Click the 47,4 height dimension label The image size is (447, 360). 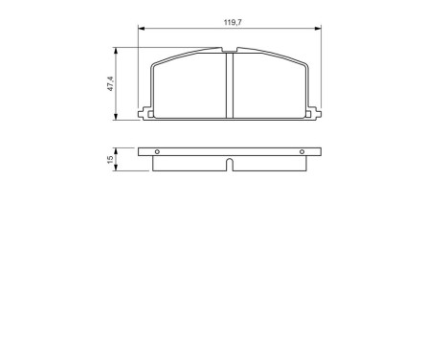(111, 83)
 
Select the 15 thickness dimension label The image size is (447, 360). (111, 158)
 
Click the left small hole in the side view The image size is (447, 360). (159, 153)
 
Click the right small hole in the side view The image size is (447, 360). (302, 153)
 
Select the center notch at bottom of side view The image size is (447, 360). (230, 164)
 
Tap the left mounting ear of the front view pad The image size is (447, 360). (145, 114)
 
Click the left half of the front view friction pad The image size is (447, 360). (190, 86)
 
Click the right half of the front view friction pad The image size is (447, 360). (270, 86)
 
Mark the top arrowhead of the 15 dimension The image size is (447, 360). (117, 149)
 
